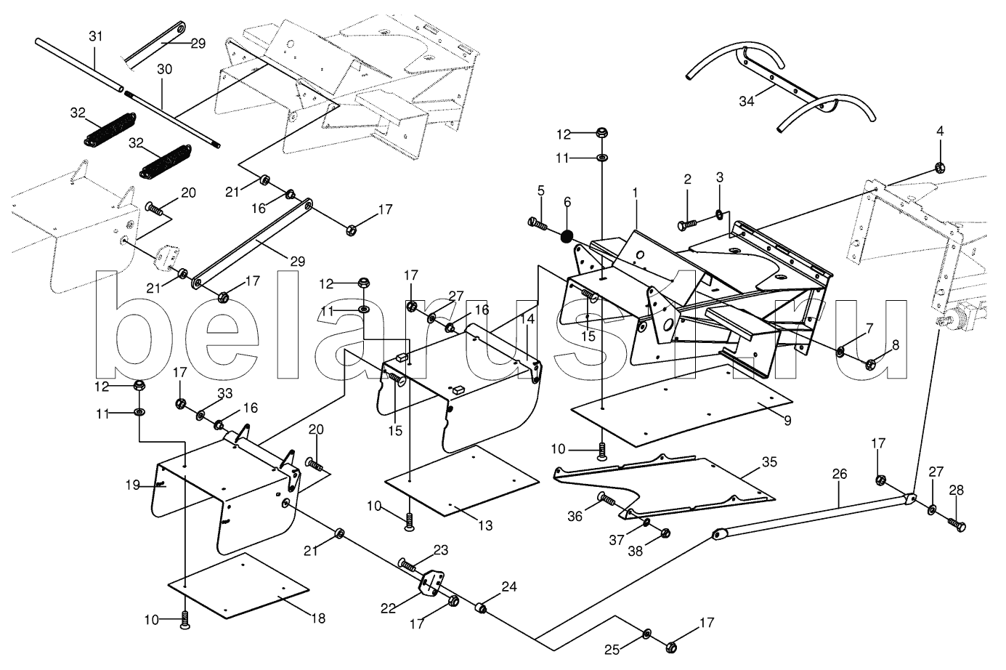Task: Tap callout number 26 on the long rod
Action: (x=839, y=474)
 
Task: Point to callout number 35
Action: (x=768, y=461)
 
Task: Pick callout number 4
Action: (x=940, y=132)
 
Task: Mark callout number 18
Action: (x=317, y=618)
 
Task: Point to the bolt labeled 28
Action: (x=957, y=522)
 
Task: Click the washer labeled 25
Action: (x=647, y=634)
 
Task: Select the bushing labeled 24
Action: (x=480, y=607)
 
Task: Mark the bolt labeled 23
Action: (x=408, y=564)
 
